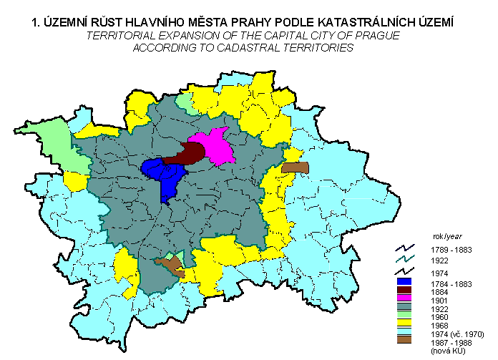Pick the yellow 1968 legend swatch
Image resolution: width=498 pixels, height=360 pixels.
tap(406, 324)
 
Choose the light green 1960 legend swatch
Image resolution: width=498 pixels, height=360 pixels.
tap(406, 316)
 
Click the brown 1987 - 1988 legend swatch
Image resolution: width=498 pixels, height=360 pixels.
tap(406, 341)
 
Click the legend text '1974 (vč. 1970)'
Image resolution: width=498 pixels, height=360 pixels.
tap(458, 334)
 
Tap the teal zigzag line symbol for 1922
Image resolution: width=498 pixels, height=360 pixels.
tap(406, 260)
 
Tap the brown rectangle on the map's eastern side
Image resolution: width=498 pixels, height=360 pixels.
tap(295, 167)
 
